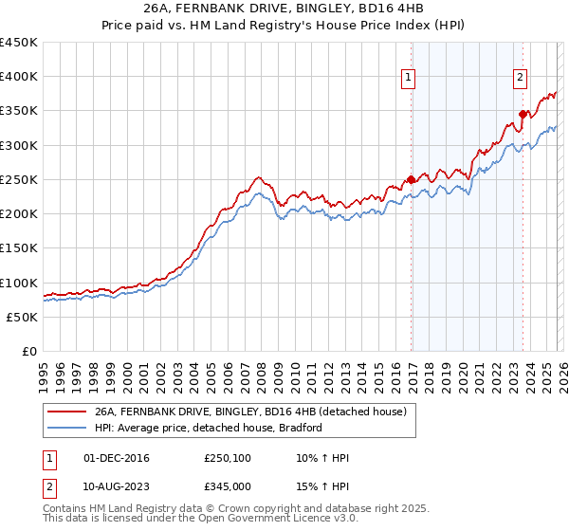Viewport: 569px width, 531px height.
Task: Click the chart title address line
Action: point(284,9)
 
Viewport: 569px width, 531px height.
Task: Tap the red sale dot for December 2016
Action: point(411,179)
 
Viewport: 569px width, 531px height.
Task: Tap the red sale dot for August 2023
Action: point(523,115)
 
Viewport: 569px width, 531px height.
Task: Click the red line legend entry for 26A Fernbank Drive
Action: point(250,412)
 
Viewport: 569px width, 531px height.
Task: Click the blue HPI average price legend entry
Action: point(209,428)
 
